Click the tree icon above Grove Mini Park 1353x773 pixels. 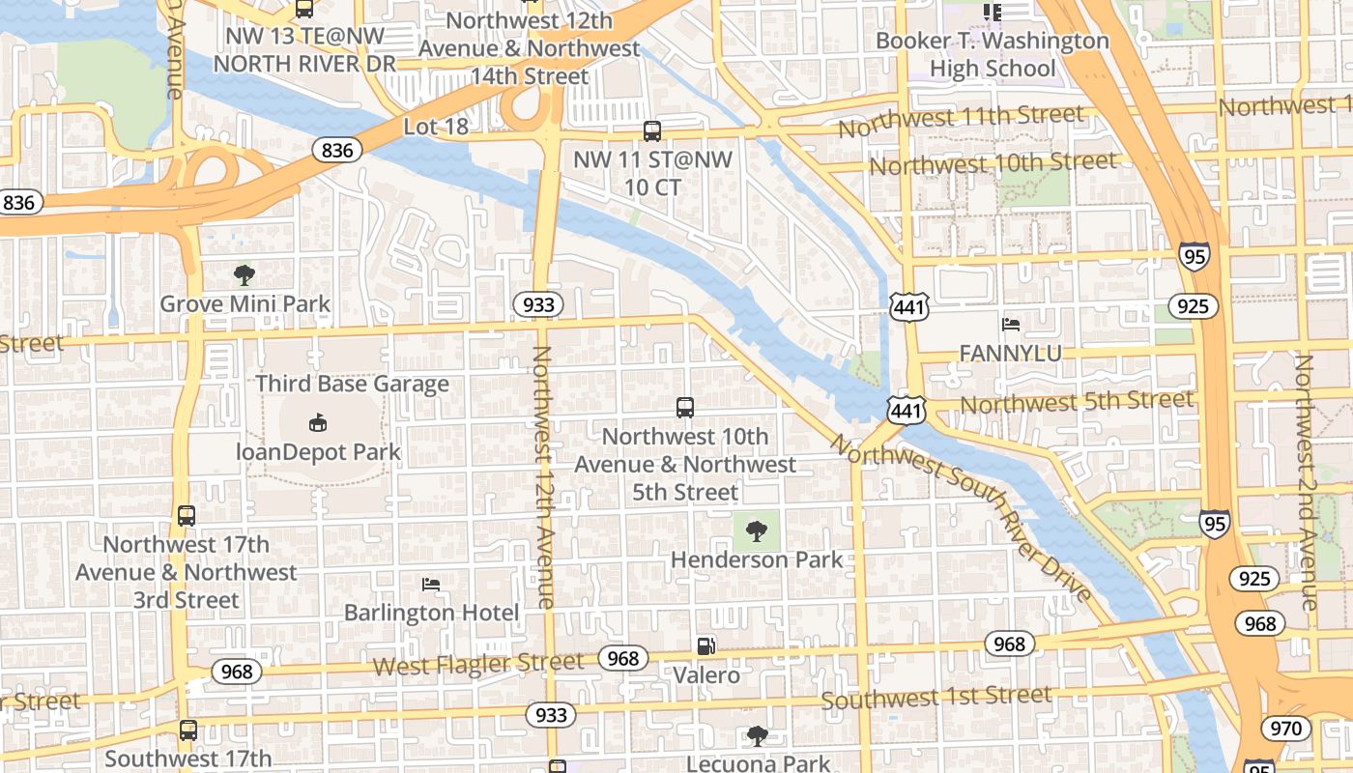coord(245,275)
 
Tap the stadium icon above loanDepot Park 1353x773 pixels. coord(318,422)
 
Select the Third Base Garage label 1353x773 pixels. coord(352,384)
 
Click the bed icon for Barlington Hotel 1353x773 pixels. coord(431,585)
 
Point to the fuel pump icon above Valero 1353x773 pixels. coord(706,646)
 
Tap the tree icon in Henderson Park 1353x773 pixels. coord(757,530)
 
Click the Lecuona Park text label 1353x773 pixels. coord(758,762)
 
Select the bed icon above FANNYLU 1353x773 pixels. coord(1010,325)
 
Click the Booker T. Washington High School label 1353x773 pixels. coord(993,55)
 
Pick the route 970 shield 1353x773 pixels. coord(1285,728)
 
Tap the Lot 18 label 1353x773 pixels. coord(435,127)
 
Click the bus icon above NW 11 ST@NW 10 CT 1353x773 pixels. coord(652,131)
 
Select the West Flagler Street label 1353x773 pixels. coord(478,664)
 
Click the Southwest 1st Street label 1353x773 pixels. coord(936,697)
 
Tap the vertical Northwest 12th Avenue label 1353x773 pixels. coord(543,477)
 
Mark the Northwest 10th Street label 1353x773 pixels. coord(993,163)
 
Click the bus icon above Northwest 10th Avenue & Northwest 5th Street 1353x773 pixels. coord(685,408)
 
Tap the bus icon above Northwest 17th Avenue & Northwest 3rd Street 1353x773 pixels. coord(187,516)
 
